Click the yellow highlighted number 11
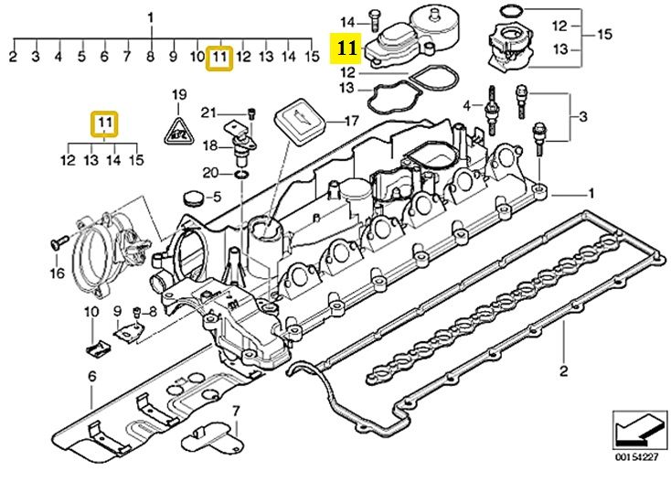[x=346, y=48]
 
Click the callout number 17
[x=351, y=121]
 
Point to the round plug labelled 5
[x=193, y=199]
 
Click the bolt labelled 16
[x=59, y=241]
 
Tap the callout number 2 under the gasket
[x=564, y=370]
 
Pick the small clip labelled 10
[x=99, y=348]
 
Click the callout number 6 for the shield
[x=92, y=377]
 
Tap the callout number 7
[x=236, y=411]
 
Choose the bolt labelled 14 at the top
[x=375, y=20]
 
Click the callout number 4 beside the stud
[x=466, y=105]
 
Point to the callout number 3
[x=583, y=116]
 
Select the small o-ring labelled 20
[x=241, y=174]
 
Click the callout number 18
[x=209, y=145]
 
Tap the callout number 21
[x=208, y=112]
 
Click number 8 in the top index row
[x=150, y=56]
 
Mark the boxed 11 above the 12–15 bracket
[x=104, y=123]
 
